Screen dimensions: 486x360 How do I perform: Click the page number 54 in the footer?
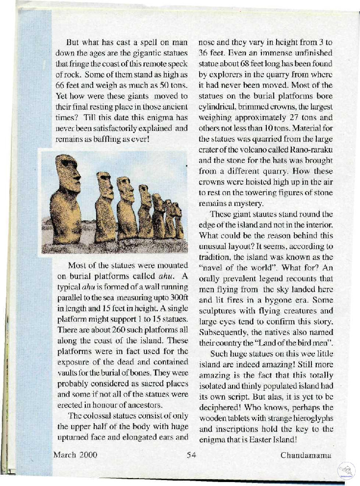(x=191, y=455)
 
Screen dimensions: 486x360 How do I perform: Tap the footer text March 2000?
(x=75, y=455)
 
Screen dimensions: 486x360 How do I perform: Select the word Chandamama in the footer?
(x=306, y=455)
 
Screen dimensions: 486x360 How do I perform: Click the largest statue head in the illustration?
(x=67, y=172)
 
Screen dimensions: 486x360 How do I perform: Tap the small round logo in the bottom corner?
(x=347, y=470)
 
